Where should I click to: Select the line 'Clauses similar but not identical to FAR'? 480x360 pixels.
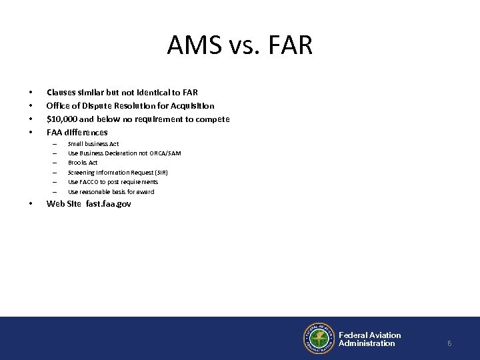(x=121, y=91)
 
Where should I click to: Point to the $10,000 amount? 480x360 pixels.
(x=63, y=119)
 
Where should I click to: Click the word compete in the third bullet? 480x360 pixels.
(x=212, y=119)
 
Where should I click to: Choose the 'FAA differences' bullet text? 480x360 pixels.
(x=77, y=133)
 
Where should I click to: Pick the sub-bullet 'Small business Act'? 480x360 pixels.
(x=93, y=144)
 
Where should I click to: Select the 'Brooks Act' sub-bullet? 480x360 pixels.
(x=83, y=163)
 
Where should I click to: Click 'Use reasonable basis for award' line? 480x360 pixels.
(x=111, y=191)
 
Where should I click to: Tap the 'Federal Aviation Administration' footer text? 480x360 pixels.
(x=369, y=339)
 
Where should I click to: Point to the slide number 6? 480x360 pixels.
(x=449, y=343)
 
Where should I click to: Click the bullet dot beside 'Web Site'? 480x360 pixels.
(x=31, y=204)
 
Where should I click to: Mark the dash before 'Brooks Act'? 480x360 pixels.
(x=56, y=163)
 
